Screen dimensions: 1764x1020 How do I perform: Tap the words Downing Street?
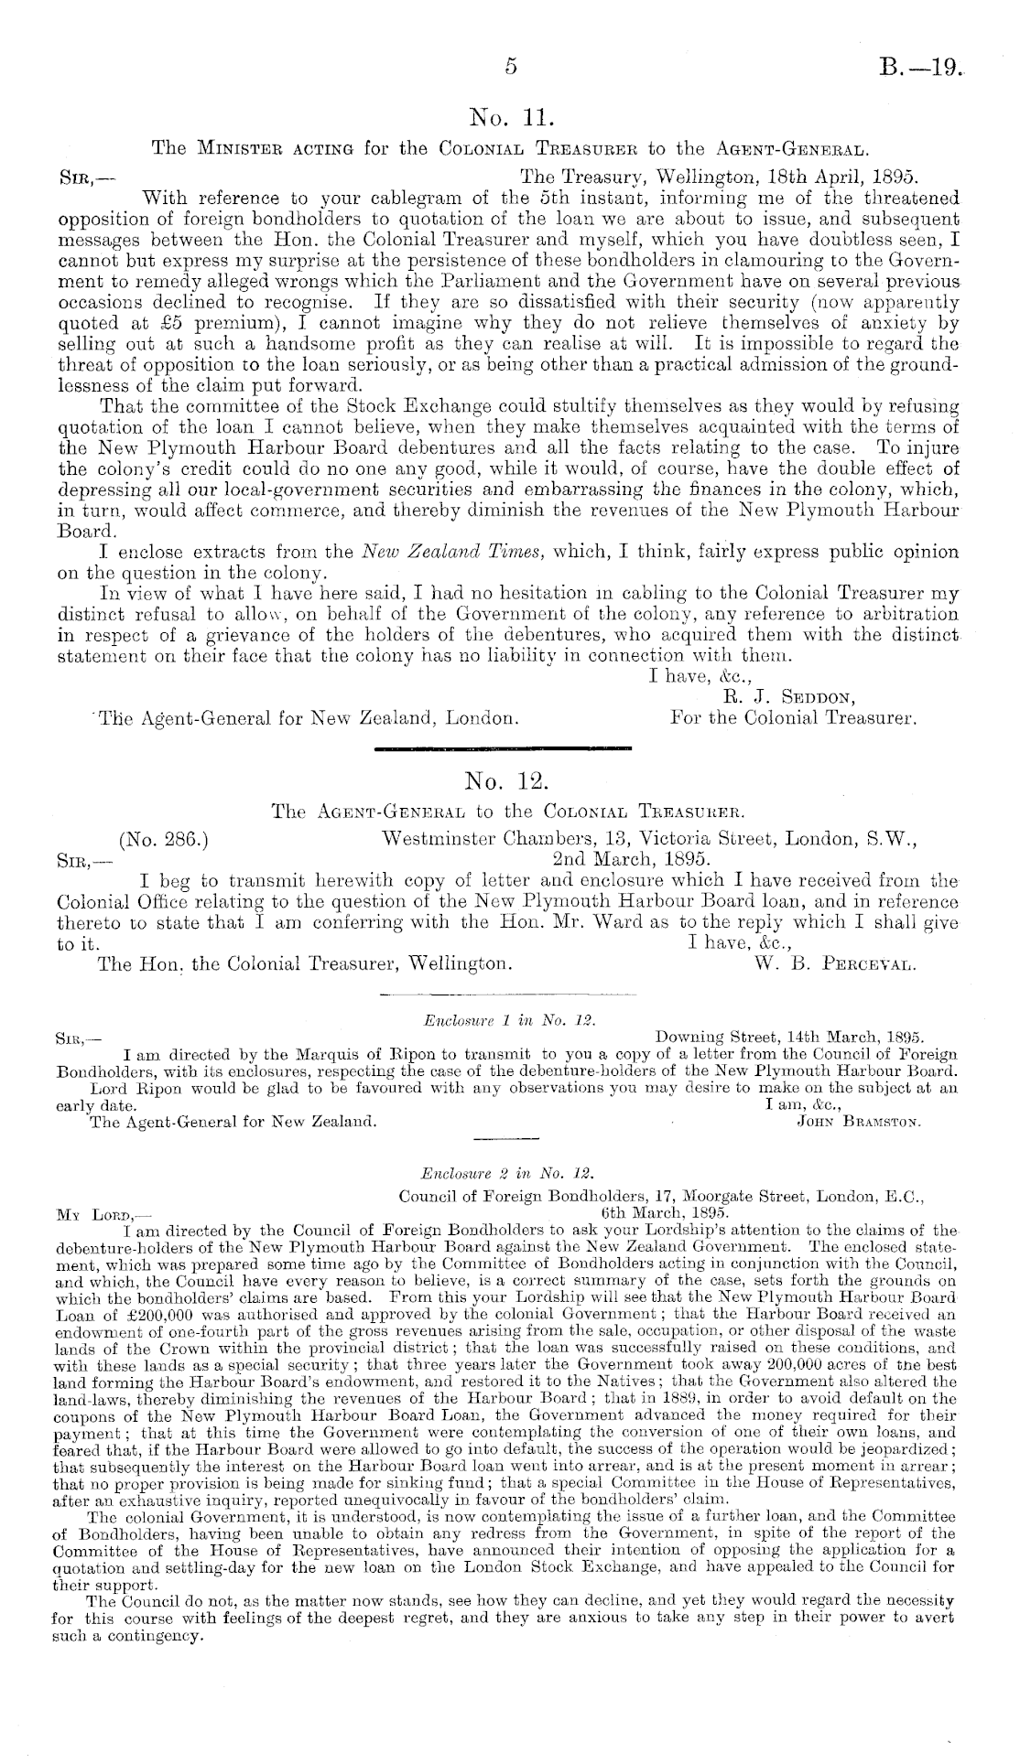(706, 1037)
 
